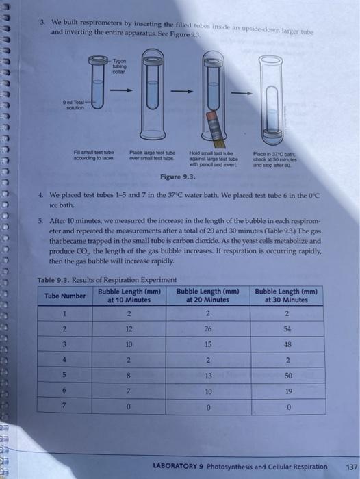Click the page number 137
[344, 467]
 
